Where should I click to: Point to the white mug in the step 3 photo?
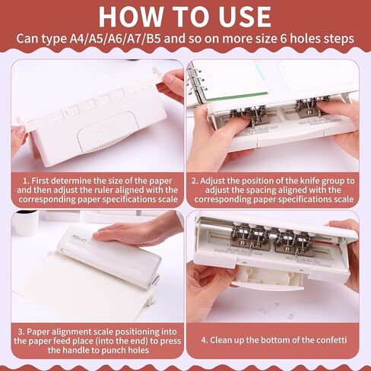tap(24, 221)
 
